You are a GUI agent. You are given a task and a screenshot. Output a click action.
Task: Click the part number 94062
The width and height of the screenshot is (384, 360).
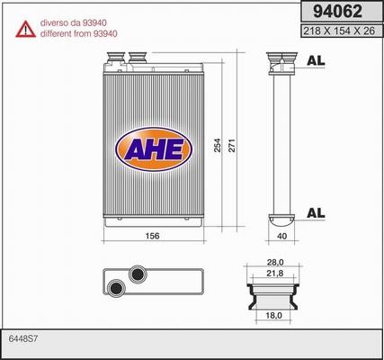click(336, 13)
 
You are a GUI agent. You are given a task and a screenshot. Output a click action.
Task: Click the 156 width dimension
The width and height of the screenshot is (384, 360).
click(152, 236)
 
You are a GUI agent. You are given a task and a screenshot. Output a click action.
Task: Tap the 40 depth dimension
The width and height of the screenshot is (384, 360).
click(282, 236)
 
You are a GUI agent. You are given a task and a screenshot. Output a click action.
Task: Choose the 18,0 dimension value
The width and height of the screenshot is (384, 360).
click(273, 315)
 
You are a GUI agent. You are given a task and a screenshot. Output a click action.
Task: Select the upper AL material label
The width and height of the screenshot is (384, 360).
click(316, 61)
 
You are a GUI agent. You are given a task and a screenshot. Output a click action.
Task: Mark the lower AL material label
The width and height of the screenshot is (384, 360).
click(316, 212)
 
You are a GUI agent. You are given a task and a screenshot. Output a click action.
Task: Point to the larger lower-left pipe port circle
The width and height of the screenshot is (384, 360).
click(117, 288)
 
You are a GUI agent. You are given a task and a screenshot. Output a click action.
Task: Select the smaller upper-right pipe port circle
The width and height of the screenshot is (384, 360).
click(138, 274)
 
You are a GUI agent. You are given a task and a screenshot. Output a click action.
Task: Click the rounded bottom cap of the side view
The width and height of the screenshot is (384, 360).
click(281, 218)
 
